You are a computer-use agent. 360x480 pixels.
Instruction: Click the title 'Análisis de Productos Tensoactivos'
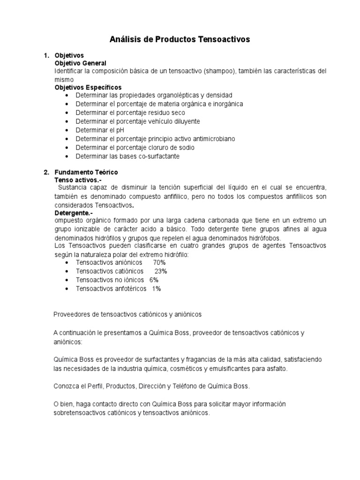[180, 40]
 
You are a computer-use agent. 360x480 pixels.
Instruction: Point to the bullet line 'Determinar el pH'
[101, 130]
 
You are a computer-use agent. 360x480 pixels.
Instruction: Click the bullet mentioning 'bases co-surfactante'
[127, 156]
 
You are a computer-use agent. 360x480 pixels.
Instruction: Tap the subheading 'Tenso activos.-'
[78, 180]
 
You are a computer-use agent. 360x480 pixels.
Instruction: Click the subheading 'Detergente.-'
[74, 213]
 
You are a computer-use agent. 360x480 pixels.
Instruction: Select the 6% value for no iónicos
[154, 280]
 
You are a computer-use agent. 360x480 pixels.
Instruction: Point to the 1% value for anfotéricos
[156, 289]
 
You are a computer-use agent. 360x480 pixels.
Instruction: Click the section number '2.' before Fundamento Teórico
[46, 172]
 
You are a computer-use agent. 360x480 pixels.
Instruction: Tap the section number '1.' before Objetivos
[46, 55]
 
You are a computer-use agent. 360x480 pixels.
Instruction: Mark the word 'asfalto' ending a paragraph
[276, 369]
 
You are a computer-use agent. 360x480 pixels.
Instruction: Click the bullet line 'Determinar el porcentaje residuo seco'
[130, 112]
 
